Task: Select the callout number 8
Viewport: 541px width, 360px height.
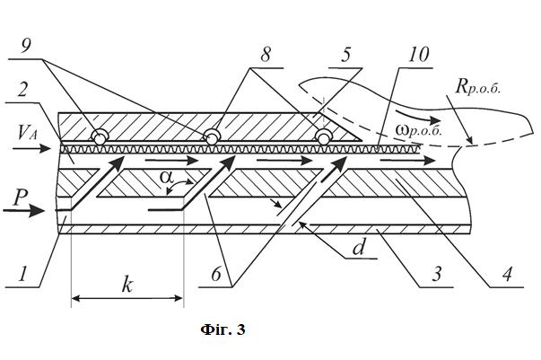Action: click(265, 55)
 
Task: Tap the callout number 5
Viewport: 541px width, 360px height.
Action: click(346, 55)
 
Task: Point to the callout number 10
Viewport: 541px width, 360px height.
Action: click(418, 55)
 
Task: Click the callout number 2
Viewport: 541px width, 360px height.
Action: click(22, 90)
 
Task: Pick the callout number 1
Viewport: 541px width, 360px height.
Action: click(22, 274)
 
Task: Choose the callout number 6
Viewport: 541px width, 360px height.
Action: click(216, 275)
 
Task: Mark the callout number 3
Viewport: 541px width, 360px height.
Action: click(437, 275)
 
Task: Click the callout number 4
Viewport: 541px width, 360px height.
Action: click(507, 275)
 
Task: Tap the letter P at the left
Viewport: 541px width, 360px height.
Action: click(21, 198)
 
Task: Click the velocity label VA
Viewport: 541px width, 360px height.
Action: click(27, 133)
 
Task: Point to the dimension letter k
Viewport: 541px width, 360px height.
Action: click(127, 285)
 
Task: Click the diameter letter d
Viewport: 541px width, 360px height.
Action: click(359, 247)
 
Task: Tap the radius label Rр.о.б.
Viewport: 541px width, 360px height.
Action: click(478, 86)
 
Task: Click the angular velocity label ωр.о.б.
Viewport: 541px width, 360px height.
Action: click(419, 130)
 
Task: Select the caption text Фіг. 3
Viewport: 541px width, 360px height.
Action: click(223, 329)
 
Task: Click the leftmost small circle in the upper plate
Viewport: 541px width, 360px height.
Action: click(100, 138)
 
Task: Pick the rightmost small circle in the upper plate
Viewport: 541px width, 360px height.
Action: click(323, 138)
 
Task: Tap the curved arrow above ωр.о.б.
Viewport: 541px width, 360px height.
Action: click(414, 117)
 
